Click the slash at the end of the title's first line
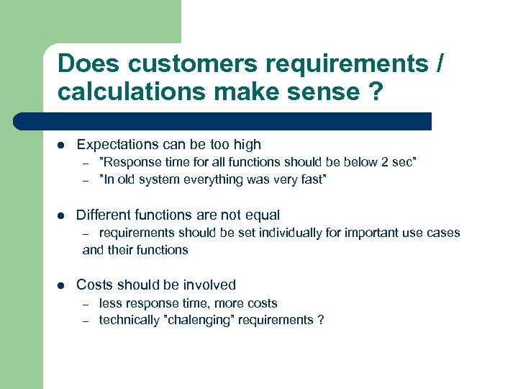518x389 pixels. click(x=440, y=63)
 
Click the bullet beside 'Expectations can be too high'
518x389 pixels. click(x=61, y=145)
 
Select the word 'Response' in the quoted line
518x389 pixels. click(x=129, y=162)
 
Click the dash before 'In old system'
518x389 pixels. click(x=84, y=180)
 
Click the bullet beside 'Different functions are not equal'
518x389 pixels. click(x=61, y=215)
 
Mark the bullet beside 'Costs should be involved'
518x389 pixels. click(x=61, y=285)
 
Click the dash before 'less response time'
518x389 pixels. click(x=84, y=304)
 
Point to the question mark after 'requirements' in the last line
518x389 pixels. click(x=320, y=320)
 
